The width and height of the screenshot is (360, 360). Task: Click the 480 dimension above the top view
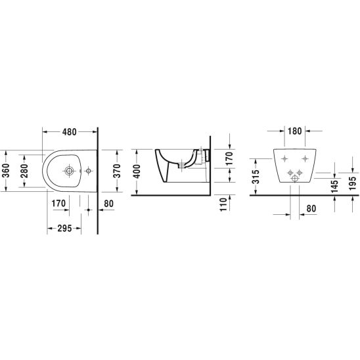coord(70,132)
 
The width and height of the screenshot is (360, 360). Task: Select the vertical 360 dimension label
coord(6,171)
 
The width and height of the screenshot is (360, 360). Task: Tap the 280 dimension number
coord(24,171)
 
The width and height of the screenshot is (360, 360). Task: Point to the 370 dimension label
coord(117,171)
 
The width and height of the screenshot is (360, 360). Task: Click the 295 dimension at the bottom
coord(64,228)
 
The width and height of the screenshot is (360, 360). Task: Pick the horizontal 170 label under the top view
coord(58,203)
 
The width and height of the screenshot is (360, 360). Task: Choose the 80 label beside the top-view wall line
coord(108,204)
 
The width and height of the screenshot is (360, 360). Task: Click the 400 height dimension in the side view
coord(137,171)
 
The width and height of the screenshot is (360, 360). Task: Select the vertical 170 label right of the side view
coord(229,158)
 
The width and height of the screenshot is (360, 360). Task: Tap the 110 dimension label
coord(223,204)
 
